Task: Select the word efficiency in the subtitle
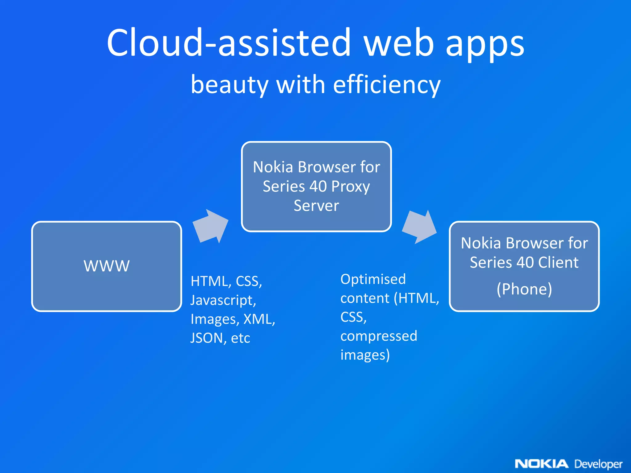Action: click(387, 85)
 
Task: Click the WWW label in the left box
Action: click(107, 266)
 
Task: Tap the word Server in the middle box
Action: click(316, 206)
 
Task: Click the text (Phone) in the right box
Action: click(524, 289)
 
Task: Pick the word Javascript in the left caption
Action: click(223, 300)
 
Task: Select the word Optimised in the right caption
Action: click(373, 279)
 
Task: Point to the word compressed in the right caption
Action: click(379, 336)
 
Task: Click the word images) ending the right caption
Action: click(365, 355)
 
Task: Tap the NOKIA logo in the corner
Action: click(541, 463)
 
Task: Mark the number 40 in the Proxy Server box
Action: click(318, 186)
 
